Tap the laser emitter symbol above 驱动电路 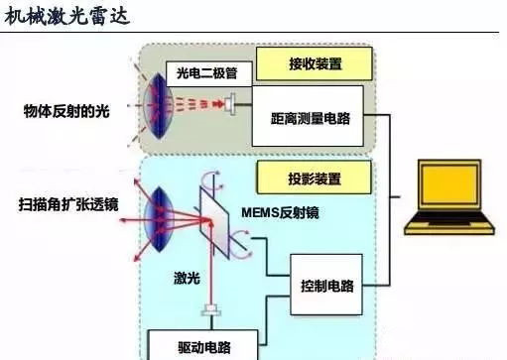[x=211, y=311]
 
